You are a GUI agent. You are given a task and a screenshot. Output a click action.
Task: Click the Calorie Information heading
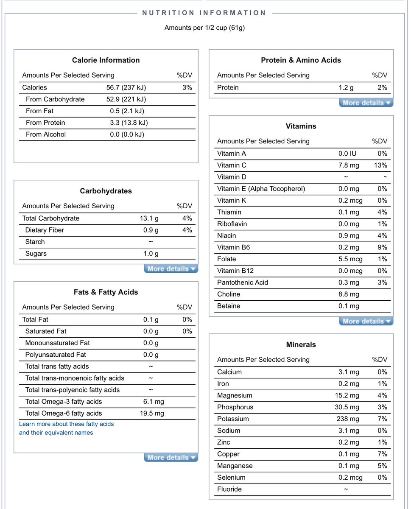coord(106,60)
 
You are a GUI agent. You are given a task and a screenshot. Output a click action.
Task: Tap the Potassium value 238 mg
coord(348,419)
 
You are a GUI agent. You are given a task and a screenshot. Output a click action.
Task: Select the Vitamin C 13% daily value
coord(381,165)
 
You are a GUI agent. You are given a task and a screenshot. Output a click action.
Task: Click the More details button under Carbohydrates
coord(171,269)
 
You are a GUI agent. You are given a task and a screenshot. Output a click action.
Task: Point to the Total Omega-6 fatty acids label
coord(64,413)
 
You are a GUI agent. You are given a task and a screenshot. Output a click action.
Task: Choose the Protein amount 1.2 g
coord(346,87)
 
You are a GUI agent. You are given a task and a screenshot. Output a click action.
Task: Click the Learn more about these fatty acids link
coord(66,424)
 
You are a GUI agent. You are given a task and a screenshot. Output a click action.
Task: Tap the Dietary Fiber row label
coord(45,230)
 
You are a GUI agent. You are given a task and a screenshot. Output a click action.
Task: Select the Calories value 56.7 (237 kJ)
coord(126,87)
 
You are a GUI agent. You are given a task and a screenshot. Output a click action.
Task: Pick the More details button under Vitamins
coord(366,322)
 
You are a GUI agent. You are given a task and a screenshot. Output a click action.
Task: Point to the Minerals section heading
coord(301,344)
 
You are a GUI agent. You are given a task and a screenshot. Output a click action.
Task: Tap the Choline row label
coord(228,294)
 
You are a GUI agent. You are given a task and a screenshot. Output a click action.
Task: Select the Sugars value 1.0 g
coord(151,254)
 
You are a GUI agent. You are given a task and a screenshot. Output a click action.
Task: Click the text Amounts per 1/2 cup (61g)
coord(204,28)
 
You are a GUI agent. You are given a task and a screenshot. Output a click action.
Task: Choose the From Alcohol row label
coord(46,134)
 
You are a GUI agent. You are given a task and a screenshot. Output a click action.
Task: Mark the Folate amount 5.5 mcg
coord(348,259)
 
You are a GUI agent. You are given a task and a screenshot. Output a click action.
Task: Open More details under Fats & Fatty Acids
coord(171,458)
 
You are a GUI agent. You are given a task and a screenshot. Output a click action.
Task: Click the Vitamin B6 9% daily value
coord(382,247)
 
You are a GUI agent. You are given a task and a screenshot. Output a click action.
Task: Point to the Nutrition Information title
coord(204,13)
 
